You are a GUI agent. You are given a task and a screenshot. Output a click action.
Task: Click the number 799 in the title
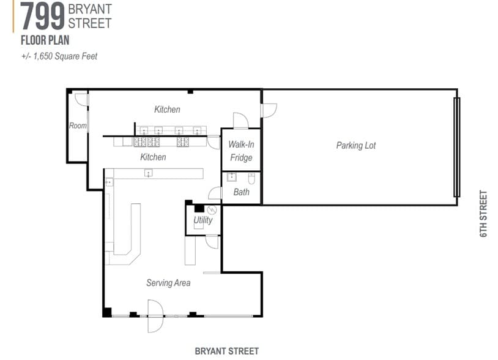[43, 17]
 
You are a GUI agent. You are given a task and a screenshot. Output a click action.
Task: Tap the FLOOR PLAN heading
[45, 41]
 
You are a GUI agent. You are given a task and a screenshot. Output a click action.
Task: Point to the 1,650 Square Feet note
[59, 56]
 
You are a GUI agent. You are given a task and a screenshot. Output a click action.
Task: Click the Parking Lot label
[355, 146]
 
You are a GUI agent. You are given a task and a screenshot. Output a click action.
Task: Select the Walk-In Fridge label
[241, 151]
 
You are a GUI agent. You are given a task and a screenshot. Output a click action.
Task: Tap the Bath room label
[241, 192]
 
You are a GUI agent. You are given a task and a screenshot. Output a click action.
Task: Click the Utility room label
[203, 220]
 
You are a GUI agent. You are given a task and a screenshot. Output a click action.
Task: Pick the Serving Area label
[168, 283]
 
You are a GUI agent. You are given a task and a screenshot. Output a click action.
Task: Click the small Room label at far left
[78, 126]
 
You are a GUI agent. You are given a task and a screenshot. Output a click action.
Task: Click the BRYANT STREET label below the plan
[226, 351]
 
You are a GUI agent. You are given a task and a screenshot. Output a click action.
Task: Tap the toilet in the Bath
[251, 179]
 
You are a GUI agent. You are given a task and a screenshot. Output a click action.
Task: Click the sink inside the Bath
[232, 178]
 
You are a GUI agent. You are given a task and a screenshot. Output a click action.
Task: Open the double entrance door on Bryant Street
[155, 317]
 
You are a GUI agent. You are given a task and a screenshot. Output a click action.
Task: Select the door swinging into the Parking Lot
[269, 110]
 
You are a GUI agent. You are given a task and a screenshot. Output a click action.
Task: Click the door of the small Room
[80, 99]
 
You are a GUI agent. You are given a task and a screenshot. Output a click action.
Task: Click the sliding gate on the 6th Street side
[456, 147]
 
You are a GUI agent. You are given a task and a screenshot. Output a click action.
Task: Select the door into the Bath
[215, 193]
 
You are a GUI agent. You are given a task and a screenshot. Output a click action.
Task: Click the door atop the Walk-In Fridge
[240, 121]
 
